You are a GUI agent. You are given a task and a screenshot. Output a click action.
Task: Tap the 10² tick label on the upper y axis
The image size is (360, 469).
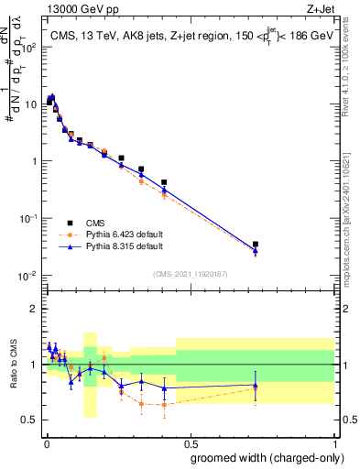pos(29,47)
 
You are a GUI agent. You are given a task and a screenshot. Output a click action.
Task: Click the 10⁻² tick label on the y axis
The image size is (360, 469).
pos(29,275)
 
